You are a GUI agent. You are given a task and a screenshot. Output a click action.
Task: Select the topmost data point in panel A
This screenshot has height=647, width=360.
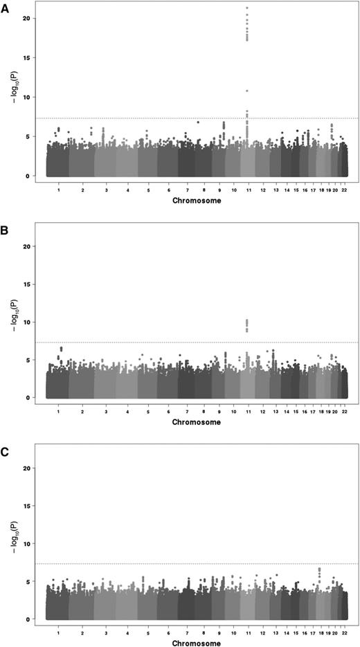click(x=246, y=8)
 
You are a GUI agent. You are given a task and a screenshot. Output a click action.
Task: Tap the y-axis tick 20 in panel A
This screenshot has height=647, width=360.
click(x=27, y=18)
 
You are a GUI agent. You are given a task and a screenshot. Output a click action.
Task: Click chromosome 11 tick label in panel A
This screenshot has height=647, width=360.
click(x=247, y=188)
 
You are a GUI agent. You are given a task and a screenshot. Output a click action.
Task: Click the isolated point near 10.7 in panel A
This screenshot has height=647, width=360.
click(x=247, y=91)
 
